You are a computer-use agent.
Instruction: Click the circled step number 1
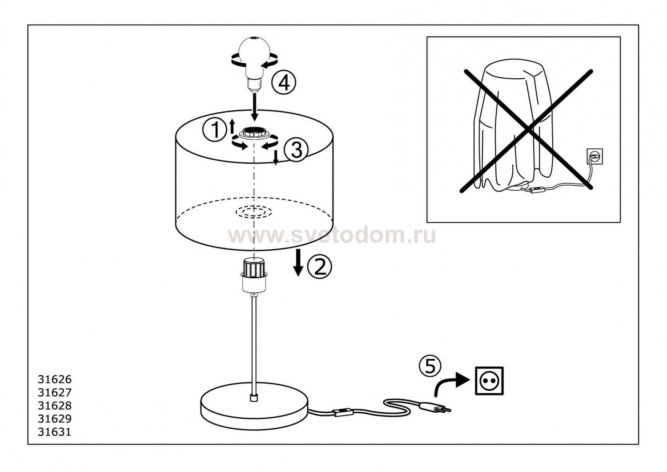(x=214, y=130)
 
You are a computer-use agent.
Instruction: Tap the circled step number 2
(x=319, y=267)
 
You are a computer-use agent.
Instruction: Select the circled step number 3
(x=295, y=150)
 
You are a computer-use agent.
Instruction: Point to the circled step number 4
(x=284, y=82)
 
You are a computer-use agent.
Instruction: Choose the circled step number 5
(x=430, y=366)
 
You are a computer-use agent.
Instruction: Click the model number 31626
(x=55, y=379)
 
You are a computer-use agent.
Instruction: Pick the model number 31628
(x=55, y=406)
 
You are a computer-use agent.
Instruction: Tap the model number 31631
(x=55, y=432)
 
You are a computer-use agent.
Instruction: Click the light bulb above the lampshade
(x=254, y=63)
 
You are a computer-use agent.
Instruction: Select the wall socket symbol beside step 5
(x=489, y=381)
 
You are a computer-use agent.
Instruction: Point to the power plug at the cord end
(x=435, y=407)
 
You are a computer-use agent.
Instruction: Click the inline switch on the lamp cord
(x=343, y=413)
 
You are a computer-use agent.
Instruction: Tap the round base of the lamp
(x=254, y=406)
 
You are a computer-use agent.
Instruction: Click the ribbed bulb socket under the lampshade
(x=253, y=274)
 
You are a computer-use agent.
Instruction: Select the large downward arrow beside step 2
(x=298, y=263)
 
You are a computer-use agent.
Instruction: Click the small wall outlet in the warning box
(x=595, y=156)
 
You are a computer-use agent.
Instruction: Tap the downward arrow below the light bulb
(x=254, y=107)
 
